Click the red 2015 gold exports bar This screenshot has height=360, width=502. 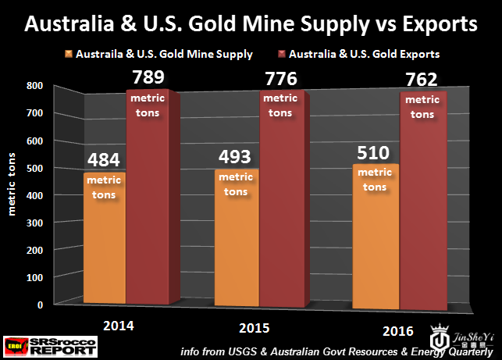coord(283,203)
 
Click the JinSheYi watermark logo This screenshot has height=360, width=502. coord(455,332)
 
